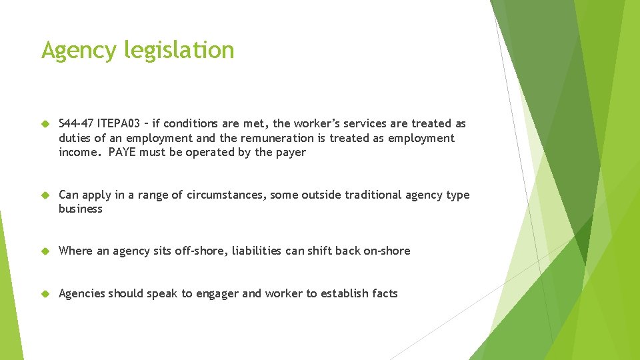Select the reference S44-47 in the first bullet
(76, 124)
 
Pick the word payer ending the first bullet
(291, 152)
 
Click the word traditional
(365, 195)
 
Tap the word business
(81, 209)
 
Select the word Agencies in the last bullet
(82, 293)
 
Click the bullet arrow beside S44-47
(45, 124)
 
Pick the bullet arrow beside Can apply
(45, 195)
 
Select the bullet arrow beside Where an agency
(45, 251)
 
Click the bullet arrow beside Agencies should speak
(45, 294)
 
